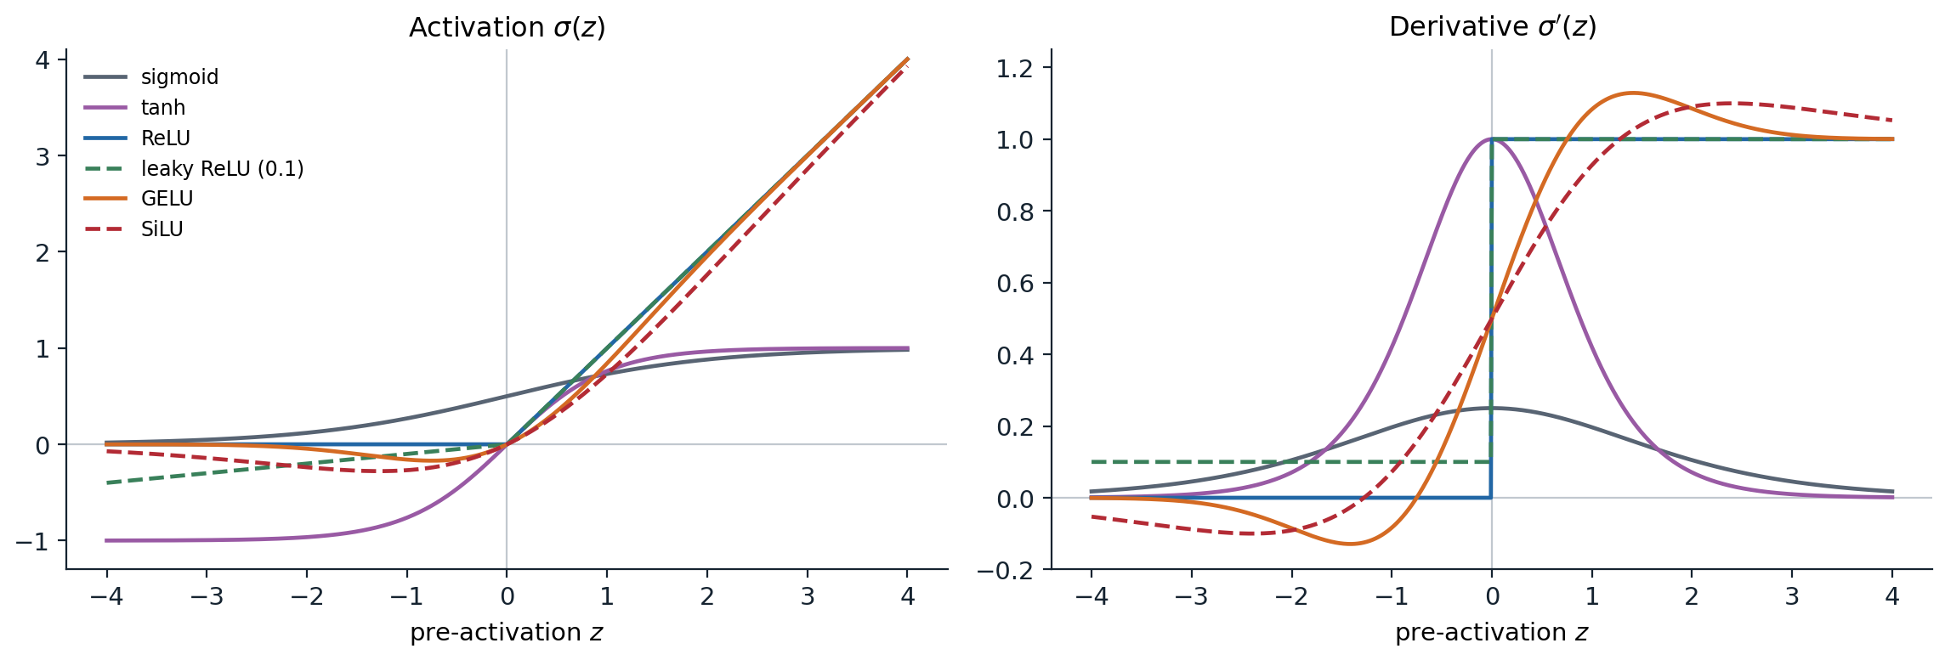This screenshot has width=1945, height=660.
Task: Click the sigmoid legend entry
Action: (x=151, y=77)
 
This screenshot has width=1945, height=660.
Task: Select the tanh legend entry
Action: (x=134, y=108)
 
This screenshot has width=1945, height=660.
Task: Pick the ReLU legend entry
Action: (x=137, y=138)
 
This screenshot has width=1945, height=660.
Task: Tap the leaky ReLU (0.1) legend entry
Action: (x=194, y=168)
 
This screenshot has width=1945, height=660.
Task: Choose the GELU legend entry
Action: (x=139, y=199)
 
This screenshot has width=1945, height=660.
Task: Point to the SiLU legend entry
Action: (x=133, y=229)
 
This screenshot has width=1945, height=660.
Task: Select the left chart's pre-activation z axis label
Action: (x=507, y=633)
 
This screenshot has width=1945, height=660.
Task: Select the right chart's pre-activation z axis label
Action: (x=1492, y=633)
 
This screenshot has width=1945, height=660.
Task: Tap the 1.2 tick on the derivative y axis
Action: (x=1015, y=68)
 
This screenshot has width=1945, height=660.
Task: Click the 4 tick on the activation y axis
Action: (x=43, y=59)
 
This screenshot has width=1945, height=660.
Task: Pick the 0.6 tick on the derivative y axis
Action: (x=1015, y=283)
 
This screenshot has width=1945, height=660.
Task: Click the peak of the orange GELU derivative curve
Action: (x=1633, y=93)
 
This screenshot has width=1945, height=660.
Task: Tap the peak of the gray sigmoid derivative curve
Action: (x=1492, y=408)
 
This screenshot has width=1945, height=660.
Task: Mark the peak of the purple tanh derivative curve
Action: (x=1492, y=139)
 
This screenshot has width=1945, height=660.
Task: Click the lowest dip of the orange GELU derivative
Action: (x=1350, y=544)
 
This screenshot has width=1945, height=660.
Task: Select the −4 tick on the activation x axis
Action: (x=106, y=597)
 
